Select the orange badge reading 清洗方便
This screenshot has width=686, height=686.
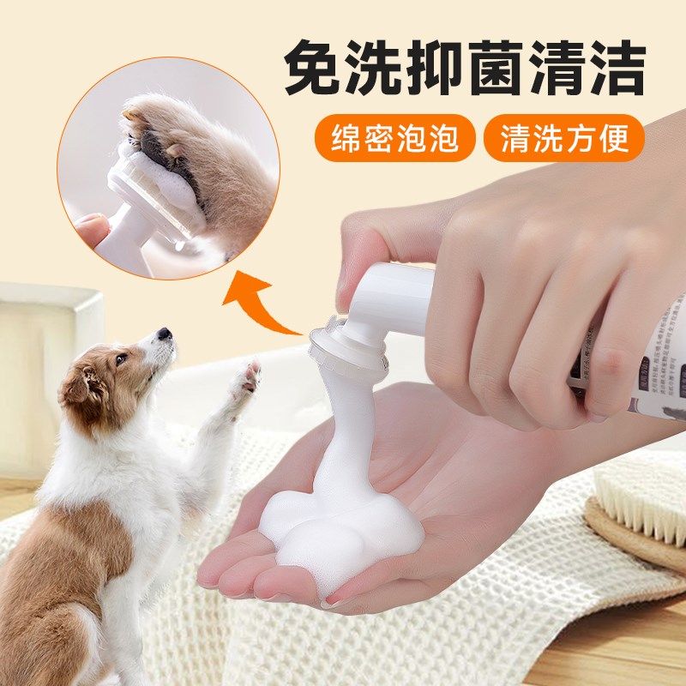tap(563, 138)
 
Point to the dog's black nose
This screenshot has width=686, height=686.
tap(164, 334)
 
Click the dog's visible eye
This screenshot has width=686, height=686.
tap(122, 358)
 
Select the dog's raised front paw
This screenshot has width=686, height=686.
tap(248, 377)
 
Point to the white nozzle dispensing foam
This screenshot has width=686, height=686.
tap(352, 343)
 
